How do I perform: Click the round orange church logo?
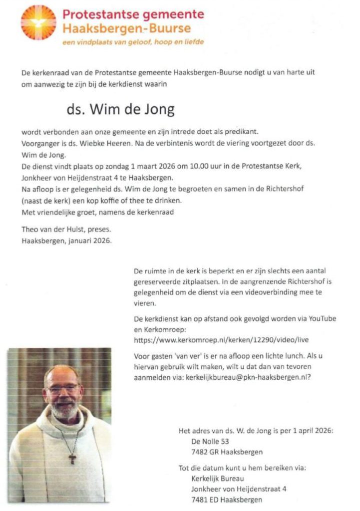[x=38, y=22]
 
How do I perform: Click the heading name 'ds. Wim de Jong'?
[x=120, y=109]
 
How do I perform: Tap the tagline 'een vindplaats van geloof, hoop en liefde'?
[x=133, y=42]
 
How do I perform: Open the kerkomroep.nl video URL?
[x=222, y=340]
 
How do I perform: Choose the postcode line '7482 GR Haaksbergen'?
[x=220, y=452]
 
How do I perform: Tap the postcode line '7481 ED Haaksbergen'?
[x=220, y=500]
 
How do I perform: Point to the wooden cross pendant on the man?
[x=72, y=457]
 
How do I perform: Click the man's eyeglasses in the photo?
[x=62, y=388]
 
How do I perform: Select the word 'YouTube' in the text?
[x=323, y=318]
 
